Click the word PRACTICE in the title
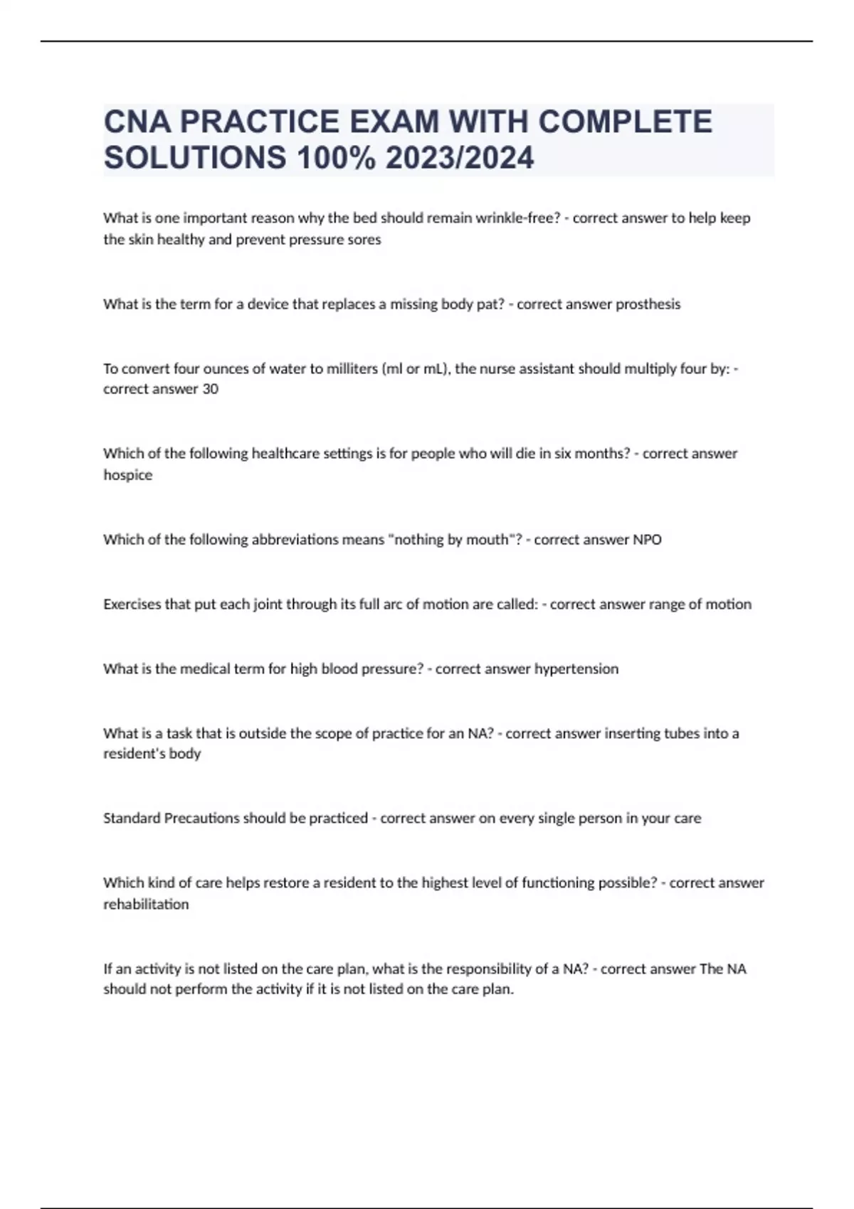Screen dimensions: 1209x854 258,122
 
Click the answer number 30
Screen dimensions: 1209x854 210,389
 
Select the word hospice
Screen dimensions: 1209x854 128,475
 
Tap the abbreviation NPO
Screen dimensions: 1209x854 647,540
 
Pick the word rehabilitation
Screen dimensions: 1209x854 146,905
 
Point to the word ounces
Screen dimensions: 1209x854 226,368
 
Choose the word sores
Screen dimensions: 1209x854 365,240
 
